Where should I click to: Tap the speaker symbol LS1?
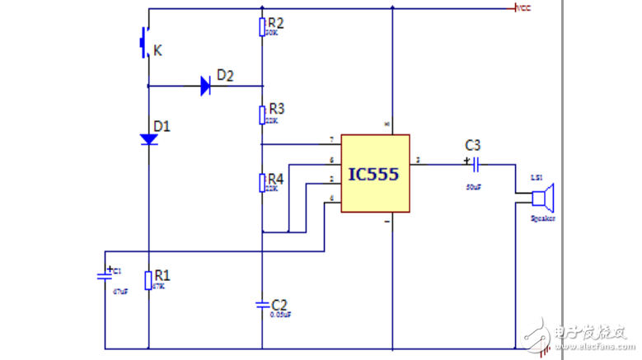coord(543,198)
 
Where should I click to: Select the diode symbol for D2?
coord(206,86)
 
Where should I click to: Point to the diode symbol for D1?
coord(149,139)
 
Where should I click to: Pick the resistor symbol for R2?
coord(262,26)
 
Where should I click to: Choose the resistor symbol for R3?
coord(262,114)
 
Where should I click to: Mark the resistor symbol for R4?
coord(262,182)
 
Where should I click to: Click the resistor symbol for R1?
coord(149,280)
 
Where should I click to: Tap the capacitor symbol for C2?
coord(262,305)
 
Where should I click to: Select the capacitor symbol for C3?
coord(475,163)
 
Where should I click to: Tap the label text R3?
coord(276,108)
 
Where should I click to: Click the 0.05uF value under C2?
coord(281,315)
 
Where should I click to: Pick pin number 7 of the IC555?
coord(330,139)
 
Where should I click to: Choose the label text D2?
coord(224,76)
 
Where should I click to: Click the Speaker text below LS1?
coord(541,219)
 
